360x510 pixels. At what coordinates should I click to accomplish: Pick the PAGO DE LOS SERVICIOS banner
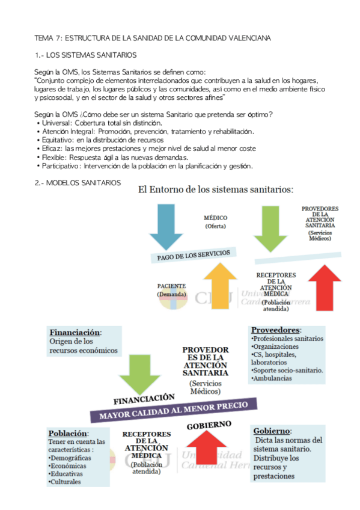pyautogui.click(x=193, y=255)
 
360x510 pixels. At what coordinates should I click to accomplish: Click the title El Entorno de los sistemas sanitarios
pyautogui.click(x=215, y=190)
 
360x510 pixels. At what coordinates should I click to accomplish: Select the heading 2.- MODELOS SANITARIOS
pyautogui.click(x=78, y=183)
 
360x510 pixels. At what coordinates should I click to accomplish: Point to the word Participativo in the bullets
pyautogui.click(x=61, y=166)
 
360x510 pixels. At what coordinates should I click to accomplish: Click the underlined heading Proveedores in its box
pyautogui.click(x=275, y=330)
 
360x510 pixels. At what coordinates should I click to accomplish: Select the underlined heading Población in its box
pyautogui.click(x=68, y=434)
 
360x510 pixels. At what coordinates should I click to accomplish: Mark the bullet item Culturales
pyautogui.click(x=67, y=482)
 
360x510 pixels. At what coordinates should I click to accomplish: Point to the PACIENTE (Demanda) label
pyautogui.click(x=171, y=290)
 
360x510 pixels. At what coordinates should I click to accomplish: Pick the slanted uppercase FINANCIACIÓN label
pyautogui.click(x=144, y=399)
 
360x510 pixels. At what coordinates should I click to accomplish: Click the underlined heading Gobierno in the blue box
pyautogui.click(x=272, y=431)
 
